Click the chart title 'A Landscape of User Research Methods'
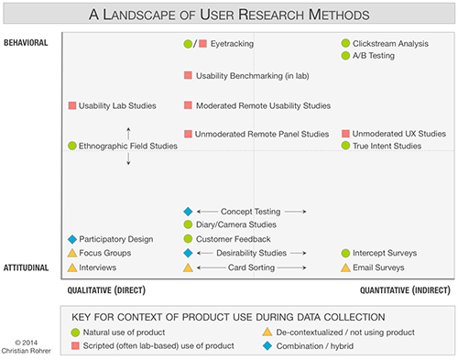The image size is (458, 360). tap(230, 15)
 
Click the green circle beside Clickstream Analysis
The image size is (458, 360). tap(345, 43)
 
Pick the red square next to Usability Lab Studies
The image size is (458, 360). tap(72, 105)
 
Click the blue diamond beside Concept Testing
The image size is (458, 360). tap(188, 212)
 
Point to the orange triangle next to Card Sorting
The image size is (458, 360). tap(188, 267)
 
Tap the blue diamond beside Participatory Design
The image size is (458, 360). tap(72, 239)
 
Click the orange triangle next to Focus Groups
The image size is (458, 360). tap(72, 253)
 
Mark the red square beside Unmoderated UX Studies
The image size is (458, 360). tap(345, 134)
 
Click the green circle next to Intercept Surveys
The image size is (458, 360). tap(345, 253)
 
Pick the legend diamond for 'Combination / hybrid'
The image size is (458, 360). tap(267, 345)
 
